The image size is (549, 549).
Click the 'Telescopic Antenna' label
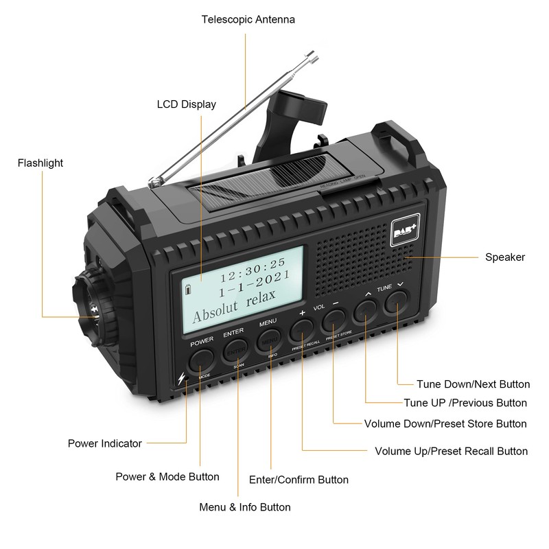click(248, 19)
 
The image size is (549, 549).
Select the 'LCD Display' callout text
click(186, 104)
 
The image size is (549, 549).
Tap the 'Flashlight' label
click(40, 163)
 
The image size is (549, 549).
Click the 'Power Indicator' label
click(104, 443)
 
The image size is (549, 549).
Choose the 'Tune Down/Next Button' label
click(473, 384)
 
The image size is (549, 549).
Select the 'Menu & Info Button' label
click(244, 507)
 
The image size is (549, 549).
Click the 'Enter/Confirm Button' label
click(299, 480)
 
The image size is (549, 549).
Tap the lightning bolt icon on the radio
click(182, 378)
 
